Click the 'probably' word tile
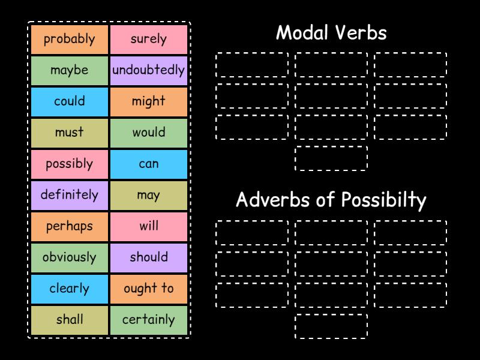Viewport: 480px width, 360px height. pyautogui.click(x=70, y=39)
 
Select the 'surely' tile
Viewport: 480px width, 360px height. pyautogui.click(x=149, y=39)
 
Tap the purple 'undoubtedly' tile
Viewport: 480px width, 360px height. pyautogui.click(x=149, y=70)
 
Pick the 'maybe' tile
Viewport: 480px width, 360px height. pyautogui.click(x=70, y=70)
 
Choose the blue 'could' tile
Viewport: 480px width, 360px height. pyautogui.click(x=70, y=101)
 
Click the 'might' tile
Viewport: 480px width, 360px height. pyautogui.click(x=149, y=101)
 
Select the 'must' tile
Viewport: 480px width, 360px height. pyautogui.click(x=70, y=133)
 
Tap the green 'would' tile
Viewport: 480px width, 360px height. pyautogui.click(x=149, y=133)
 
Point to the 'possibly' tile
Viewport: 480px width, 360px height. pyautogui.click(x=70, y=164)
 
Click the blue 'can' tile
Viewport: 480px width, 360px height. pyautogui.click(x=149, y=164)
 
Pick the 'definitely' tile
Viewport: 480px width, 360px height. pyautogui.click(x=70, y=195)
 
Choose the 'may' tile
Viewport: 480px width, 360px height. pyautogui.click(x=149, y=195)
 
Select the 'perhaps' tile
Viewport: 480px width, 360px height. pyautogui.click(x=70, y=226)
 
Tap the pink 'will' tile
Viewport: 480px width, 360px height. pyautogui.click(x=149, y=226)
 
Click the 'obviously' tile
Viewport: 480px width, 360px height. pyautogui.click(x=70, y=257)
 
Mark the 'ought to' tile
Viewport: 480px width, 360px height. pyautogui.click(x=149, y=289)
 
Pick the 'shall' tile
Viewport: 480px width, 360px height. pyautogui.click(x=70, y=320)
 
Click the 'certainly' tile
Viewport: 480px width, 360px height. pyautogui.click(x=149, y=320)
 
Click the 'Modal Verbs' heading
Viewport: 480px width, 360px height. pyautogui.click(x=331, y=33)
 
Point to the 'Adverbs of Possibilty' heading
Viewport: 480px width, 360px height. pyautogui.click(x=331, y=200)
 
